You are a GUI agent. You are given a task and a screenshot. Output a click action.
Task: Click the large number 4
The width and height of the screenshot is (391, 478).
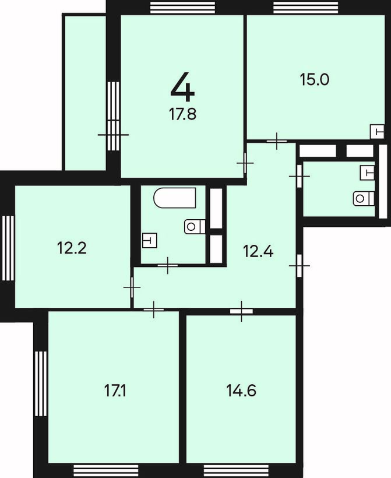[x=182, y=87]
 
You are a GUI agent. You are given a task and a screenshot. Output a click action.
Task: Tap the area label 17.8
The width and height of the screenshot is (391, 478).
[x=182, y=114]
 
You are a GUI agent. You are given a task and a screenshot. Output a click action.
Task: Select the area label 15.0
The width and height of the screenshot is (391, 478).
[x=315, y=80]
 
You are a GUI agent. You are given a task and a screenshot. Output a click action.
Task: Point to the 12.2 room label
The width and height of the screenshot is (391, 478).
[x=72, y=248]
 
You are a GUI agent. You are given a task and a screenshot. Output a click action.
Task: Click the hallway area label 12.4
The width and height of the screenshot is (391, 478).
[x=258, y=252]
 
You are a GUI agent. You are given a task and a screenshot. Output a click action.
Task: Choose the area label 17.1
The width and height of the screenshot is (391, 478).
[x=115, y=391]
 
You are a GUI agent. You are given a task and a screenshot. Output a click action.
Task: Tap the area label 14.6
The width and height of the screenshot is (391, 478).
[x=241, y=391]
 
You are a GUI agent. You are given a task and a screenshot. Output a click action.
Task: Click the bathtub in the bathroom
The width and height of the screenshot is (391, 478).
[x=175, y=198]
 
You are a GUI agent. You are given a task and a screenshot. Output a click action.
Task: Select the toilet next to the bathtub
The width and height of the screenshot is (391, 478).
[x=195, y=227]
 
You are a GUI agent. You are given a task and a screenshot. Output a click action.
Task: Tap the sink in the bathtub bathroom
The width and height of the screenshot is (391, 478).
[x=150, y=240]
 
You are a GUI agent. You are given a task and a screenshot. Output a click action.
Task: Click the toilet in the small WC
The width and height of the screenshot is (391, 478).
[x=364, y=198]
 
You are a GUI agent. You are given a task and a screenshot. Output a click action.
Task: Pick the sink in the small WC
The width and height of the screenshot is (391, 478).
[x=367, y=173]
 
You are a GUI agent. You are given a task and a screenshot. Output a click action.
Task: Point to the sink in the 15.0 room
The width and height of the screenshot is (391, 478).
[x=377, y=132]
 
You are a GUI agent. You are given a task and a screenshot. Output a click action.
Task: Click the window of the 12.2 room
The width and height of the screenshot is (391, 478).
[x=8, y=248]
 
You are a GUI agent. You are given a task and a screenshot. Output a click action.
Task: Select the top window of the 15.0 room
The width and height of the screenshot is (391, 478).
[x=306, y=8]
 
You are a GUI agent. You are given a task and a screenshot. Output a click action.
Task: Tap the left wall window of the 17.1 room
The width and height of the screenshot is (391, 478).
[x=41, y=384]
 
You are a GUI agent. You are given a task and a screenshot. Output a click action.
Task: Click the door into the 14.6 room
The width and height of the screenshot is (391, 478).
[x=241, y=311]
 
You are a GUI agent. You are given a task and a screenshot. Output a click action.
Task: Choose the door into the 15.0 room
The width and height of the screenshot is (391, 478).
[x=277, y=141]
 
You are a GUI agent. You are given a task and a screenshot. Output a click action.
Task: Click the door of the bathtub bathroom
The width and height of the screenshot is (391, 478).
[x=168, y=265]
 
